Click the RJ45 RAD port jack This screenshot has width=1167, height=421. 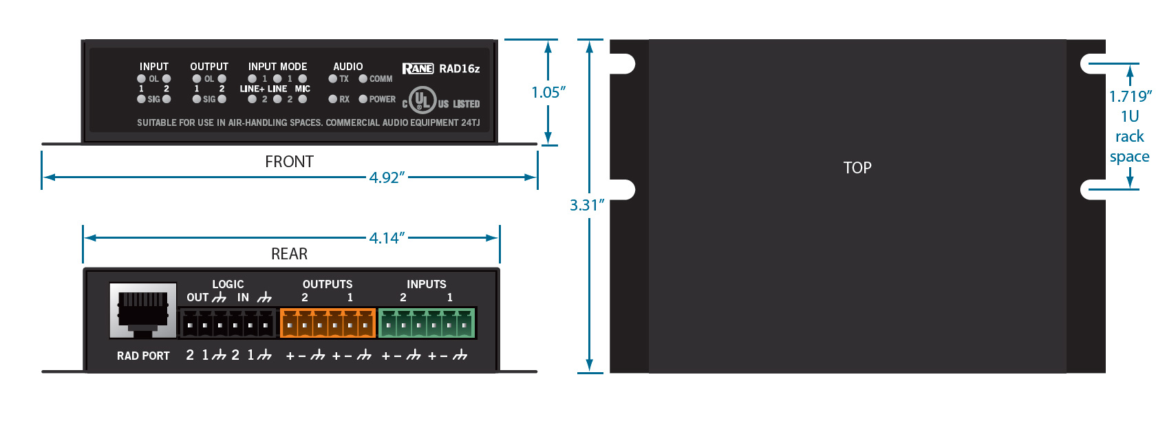click(142, 310)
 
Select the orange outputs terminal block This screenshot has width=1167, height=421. click(328, 323)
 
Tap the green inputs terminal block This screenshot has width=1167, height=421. click(427, 323)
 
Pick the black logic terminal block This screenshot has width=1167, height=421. click(228, 323)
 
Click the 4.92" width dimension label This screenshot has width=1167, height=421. click(387, 177)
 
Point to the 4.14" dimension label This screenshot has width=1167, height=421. click(387, 238)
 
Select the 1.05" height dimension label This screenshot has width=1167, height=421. click(548, 92)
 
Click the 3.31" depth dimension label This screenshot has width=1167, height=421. click(587, 205)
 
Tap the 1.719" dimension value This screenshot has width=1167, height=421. click(1130, 96)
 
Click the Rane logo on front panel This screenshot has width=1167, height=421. click(418, 68)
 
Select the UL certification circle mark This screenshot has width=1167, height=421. click(422, 100)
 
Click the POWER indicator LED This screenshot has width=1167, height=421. click(363, 99)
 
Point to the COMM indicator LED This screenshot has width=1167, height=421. click(363, 78)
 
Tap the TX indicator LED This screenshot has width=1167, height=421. click(333, 78)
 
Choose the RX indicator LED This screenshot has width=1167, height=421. click(333, 99)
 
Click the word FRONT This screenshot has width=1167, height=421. click(289, 162)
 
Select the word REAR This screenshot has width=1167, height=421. click(289, 254)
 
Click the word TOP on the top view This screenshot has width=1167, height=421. click(857, 168)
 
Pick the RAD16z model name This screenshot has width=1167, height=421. click(460, 69)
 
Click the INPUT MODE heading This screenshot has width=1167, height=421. click(278, 67)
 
